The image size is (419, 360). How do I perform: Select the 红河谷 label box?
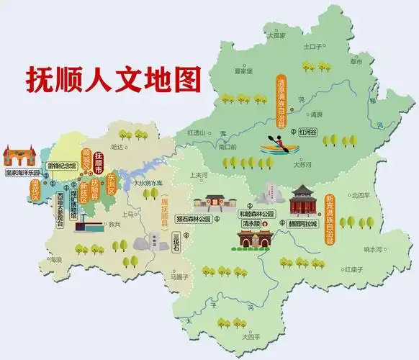307,132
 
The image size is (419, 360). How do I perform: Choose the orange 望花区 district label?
34,192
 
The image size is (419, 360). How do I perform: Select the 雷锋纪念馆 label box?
64,166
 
